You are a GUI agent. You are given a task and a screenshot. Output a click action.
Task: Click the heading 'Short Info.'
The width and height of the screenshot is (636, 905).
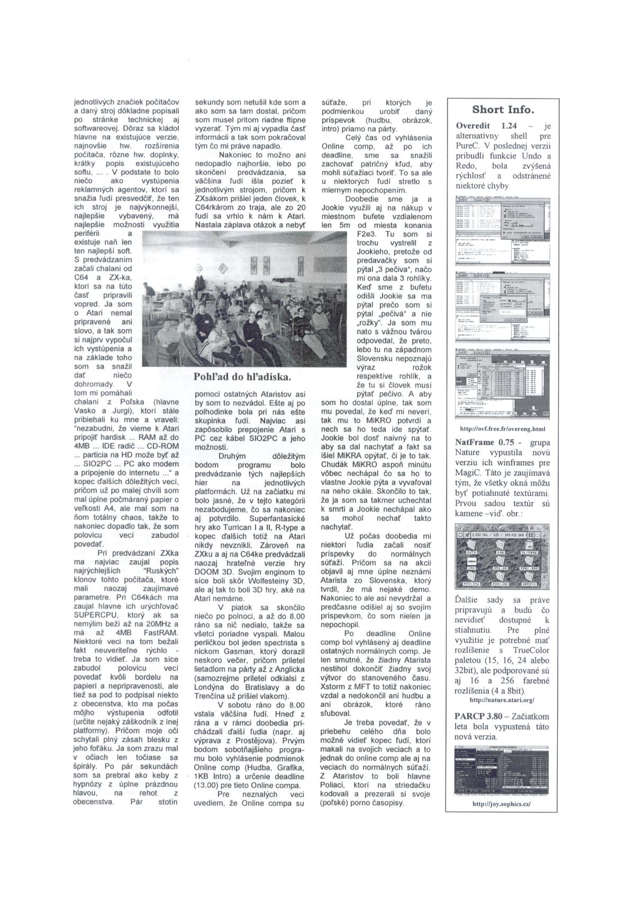pyautogui.click(x=503, y=110)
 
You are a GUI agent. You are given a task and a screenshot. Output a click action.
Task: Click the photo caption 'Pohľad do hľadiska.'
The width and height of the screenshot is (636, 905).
pyautogui.click(x=243, y=377)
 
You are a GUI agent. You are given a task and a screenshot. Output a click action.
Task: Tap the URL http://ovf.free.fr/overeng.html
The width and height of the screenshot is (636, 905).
pyautogui.click(x=503, y=429)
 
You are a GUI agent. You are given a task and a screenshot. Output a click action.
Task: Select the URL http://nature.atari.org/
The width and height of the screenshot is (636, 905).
pyautogui.click(x=503, y=699)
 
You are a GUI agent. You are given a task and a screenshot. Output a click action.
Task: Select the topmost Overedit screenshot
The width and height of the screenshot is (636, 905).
pyautogui.click(x=503, y=230)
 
